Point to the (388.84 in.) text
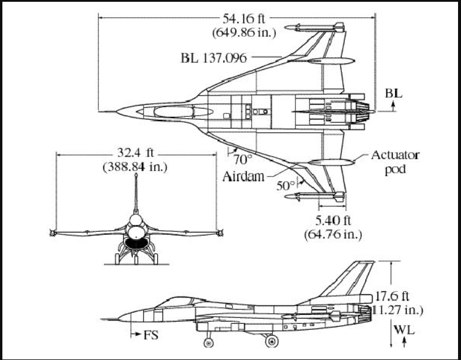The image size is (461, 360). [x=135, y=167]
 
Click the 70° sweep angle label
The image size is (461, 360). [x=243, y=159]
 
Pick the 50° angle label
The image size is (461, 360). [x=285, y=185]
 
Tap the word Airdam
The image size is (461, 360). [x=243, y=176]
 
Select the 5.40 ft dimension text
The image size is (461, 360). [x=333, y=221]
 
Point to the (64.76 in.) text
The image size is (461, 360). [x=333, y=234]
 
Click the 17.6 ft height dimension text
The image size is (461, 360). [x=393, y=296]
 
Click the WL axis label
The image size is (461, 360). [x=406, y=328]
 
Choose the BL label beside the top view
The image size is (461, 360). [x=393, y=93]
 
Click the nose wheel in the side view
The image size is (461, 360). [x=208, y=342]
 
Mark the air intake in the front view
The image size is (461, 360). [x=137, y=242]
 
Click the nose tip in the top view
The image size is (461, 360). [x=117, y=110]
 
